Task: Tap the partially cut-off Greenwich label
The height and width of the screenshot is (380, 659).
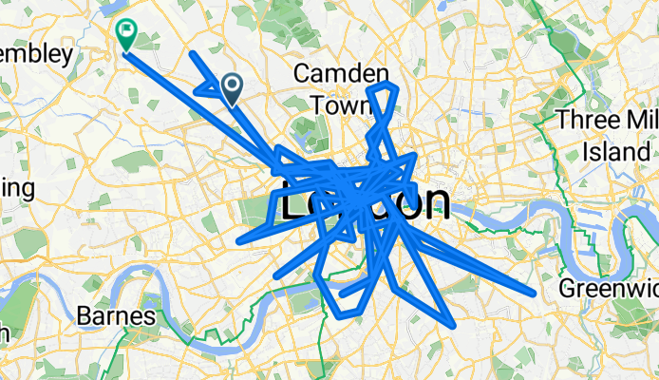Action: click(x=608, y=289)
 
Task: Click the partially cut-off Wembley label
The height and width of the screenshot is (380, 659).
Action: click(x=36, y=54)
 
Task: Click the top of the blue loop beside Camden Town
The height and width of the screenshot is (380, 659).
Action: click(x=385, y=86)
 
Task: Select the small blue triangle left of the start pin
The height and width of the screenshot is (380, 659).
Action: click(x=205, y=90)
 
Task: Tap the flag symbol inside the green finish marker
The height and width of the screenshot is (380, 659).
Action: click(x=125, y=31)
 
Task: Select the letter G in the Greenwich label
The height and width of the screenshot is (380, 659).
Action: click(x=566, y=289)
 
